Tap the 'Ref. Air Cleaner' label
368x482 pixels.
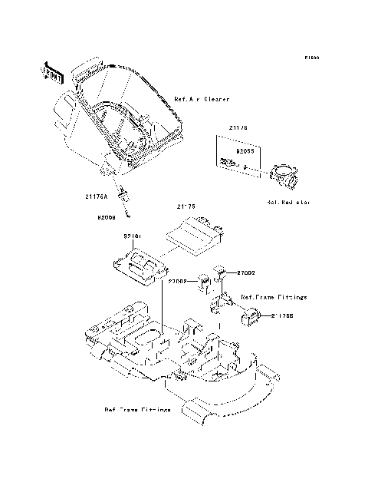[202, 100]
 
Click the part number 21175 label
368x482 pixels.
[187, 206]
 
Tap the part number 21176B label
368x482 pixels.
[277, 315]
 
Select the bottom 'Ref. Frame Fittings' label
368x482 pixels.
[138, 410]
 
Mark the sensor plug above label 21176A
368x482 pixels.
[120, 189]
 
